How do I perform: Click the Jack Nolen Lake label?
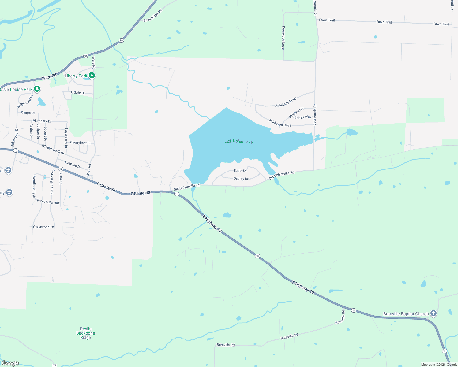coord(238,142)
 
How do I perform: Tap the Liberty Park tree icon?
coord(92,75)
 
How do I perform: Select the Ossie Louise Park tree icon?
coord(37,89)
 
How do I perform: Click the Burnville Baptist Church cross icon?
coord(433,313)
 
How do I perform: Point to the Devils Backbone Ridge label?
coord(86,333)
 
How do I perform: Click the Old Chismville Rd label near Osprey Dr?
coord(281,175)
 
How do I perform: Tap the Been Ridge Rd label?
coord(152,16)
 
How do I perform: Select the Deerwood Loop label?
coord(283,38)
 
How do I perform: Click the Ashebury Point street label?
coord(286,102)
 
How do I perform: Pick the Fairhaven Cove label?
coord(280,123)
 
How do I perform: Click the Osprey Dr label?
coord(241,179)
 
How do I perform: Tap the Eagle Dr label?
coord(240,171)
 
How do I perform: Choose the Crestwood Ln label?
coord(43,227)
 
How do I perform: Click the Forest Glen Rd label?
coord(48,202)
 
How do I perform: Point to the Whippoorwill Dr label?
coord(53,150)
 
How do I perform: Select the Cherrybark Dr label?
coord(81,143)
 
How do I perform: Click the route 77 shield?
coord(55,365)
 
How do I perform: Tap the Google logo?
coord(10,363)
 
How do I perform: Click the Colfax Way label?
coord(303,117)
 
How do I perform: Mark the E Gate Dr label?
coord(78,93)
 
